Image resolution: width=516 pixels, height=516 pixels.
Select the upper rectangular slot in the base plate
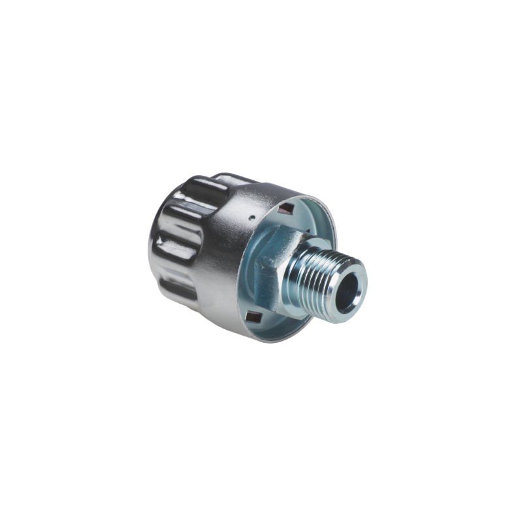285,209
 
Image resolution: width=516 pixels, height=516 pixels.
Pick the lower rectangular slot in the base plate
253,318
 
